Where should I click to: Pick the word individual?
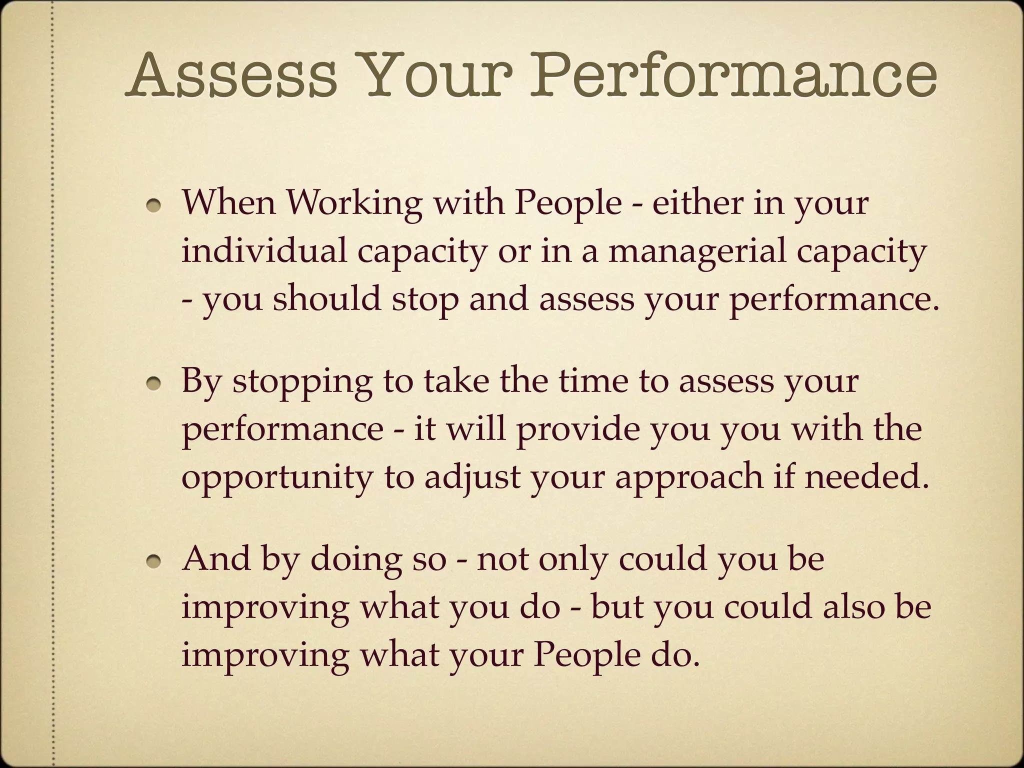[264, 251]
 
